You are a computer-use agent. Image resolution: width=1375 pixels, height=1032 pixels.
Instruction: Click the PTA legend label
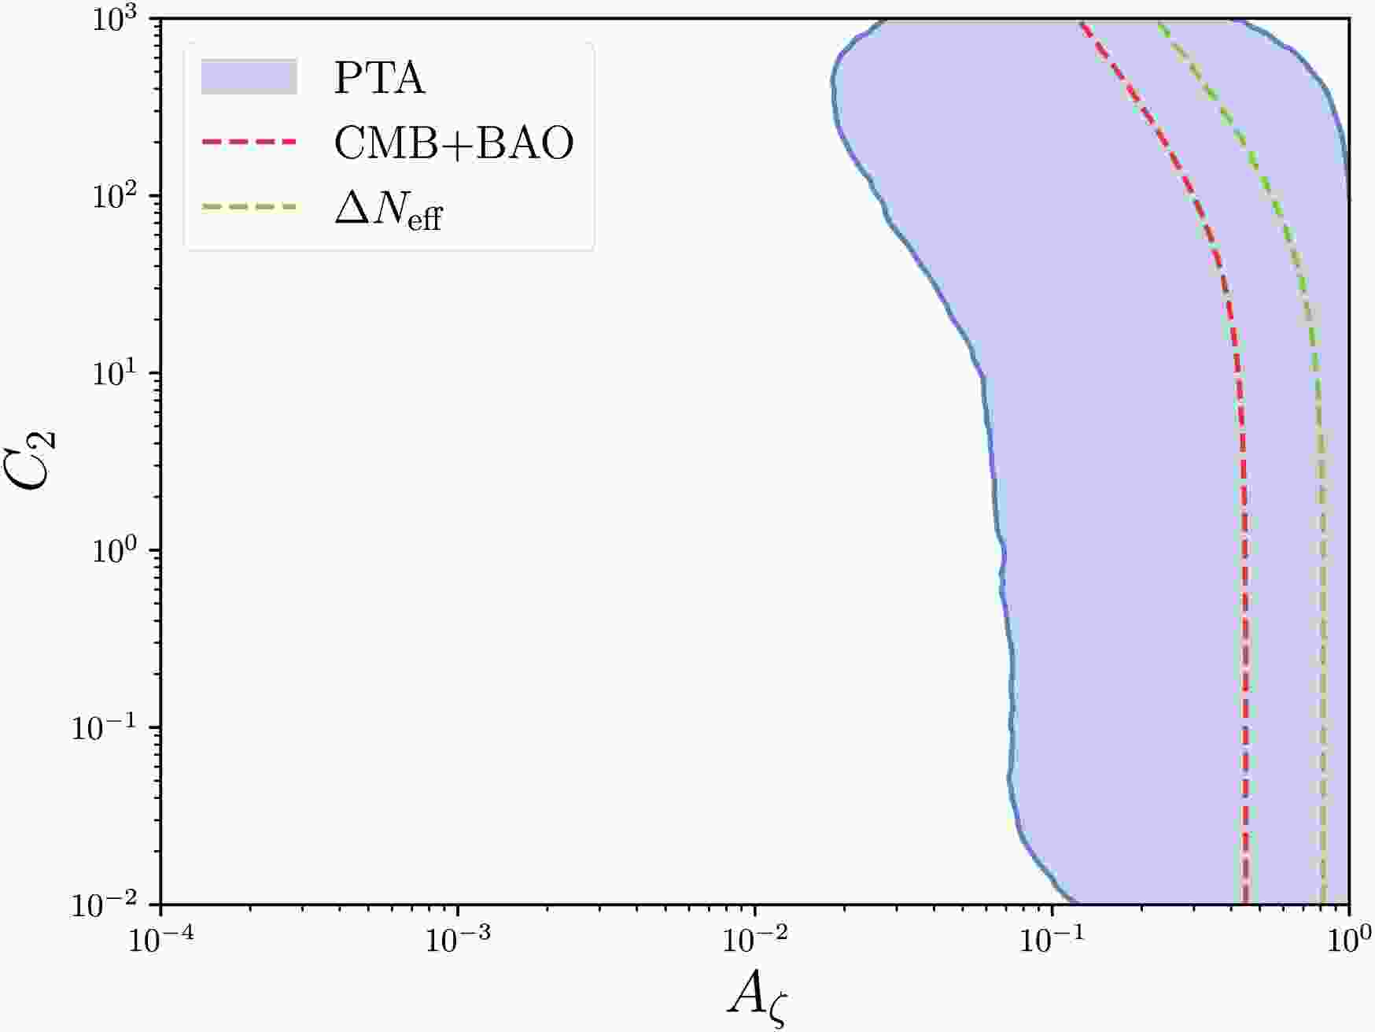[x=379, y=79]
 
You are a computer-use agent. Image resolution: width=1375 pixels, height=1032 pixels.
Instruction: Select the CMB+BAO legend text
[x=454, y=143]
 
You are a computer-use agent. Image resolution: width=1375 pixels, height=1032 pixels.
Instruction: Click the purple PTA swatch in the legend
[x=249, y=78]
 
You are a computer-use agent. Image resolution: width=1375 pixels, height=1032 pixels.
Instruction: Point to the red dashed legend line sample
[x=249, y=142]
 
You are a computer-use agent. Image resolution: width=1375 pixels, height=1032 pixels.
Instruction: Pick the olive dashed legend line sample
[x=249, y=208]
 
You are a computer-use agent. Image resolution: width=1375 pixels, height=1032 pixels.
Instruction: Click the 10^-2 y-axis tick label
[x=109, y=904]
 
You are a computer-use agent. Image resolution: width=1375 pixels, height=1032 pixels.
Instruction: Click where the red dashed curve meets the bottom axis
[x=1245, y=904]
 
